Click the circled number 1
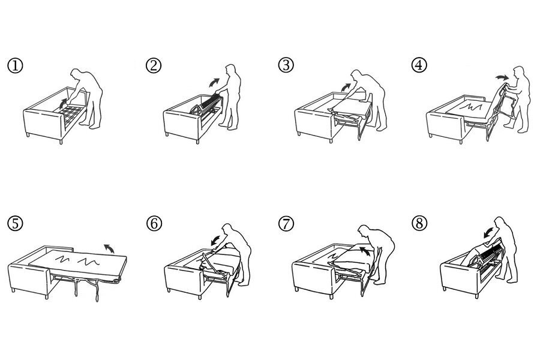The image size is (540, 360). click(15, 66)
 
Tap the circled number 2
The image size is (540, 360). click(154, 65)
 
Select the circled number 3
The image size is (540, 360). click(286, 65)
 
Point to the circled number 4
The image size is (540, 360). click(419, 65)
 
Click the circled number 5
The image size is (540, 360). click(15, 223)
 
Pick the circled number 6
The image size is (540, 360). click(154, 224)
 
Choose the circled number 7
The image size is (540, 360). click(286, 224)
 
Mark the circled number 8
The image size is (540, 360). click(419, 223)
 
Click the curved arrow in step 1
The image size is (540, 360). click(62, 103)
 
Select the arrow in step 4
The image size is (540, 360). click(502, 77)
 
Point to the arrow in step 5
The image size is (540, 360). click(110, 248)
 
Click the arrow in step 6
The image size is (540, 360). click(216, 240)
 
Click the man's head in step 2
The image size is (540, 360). click(230, 70)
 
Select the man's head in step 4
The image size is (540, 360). click(519, 73)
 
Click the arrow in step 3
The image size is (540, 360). click(346, 87)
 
